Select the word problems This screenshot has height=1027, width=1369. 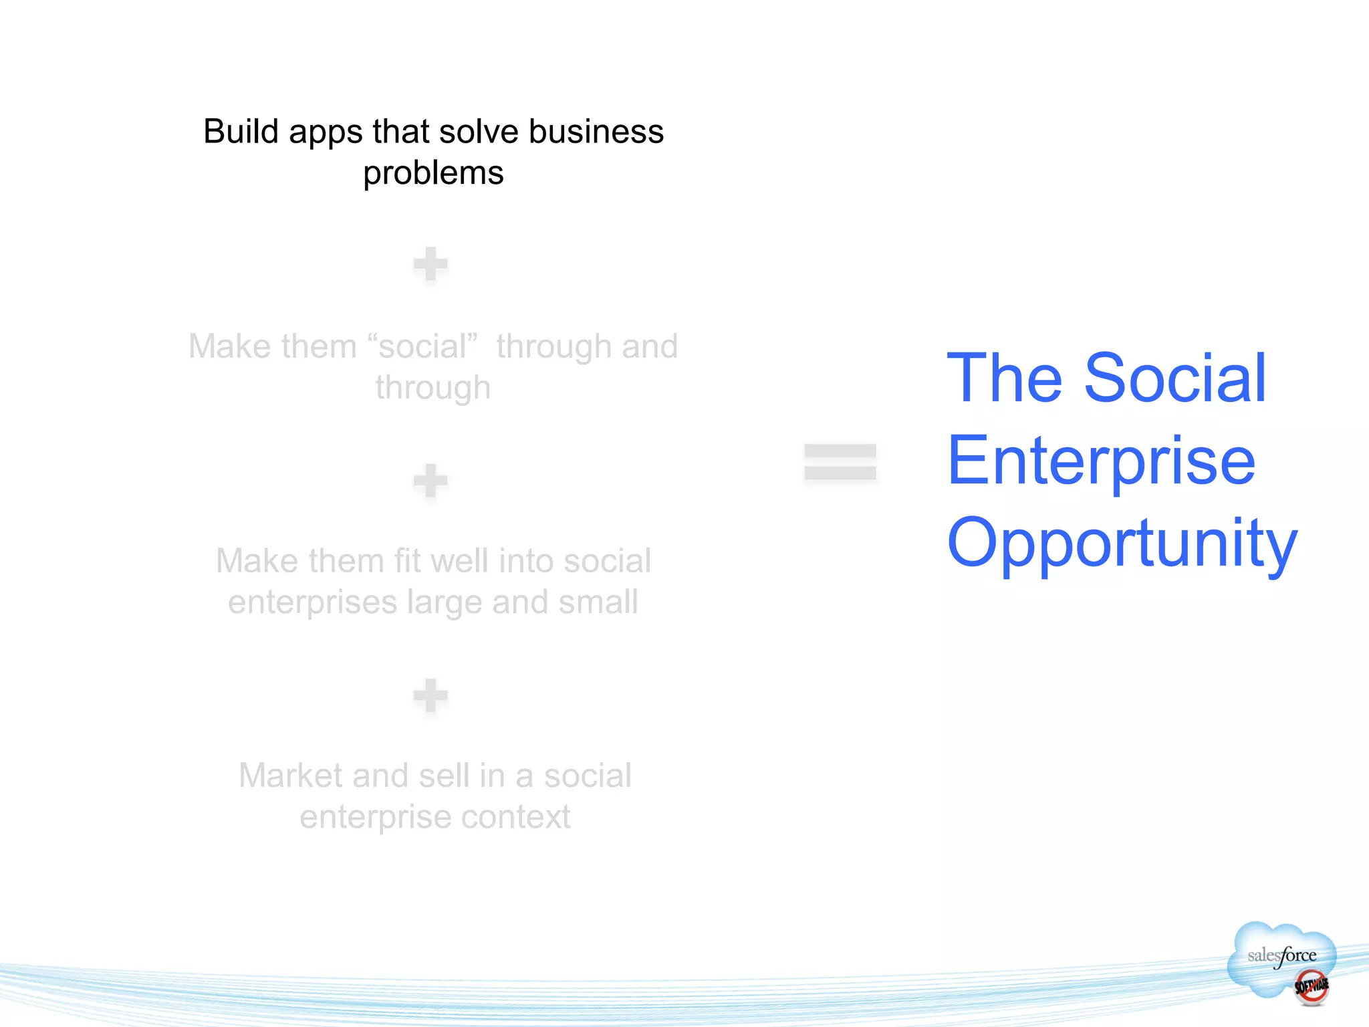(433, 174)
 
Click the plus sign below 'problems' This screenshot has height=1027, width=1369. (430, 264)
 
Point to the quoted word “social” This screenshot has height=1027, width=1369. (422, 346)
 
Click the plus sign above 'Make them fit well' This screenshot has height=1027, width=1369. (430, 481)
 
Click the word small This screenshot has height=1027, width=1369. (598, 602)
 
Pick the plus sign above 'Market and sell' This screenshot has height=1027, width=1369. (430, 696)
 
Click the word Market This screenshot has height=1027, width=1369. (291, 776)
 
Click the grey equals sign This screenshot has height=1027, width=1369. (840, 462)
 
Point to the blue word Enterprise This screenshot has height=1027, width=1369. (1101, 461)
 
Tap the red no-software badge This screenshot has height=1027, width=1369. (1312, 987)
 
